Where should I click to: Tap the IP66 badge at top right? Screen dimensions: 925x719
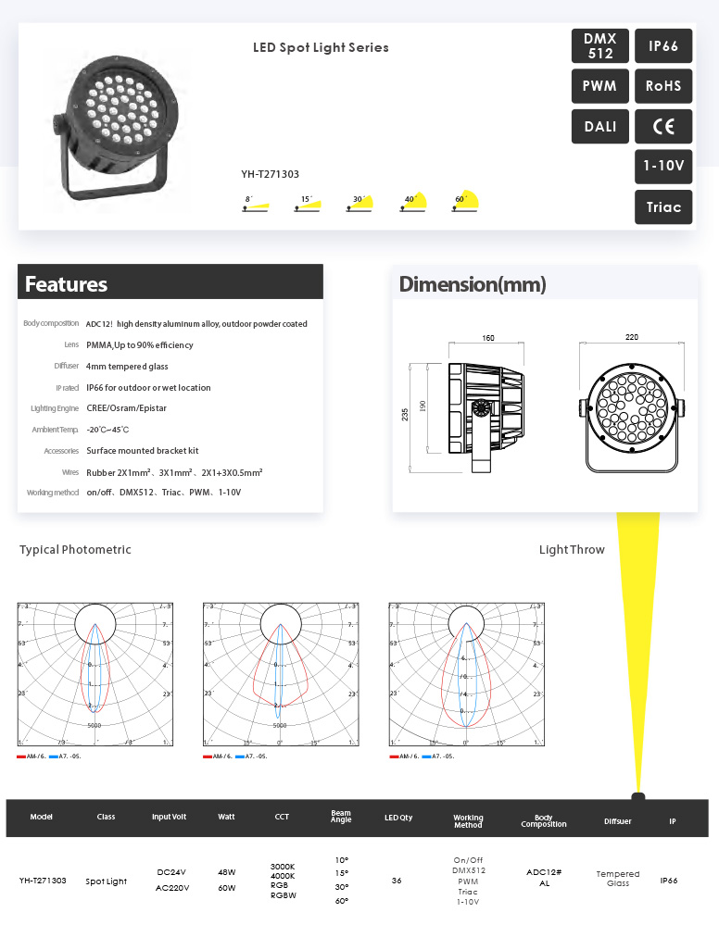click(x=663, y=45)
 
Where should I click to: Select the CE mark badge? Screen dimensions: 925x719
click(x=663, y=127)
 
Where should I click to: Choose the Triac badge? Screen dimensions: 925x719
click(x=663, y=207)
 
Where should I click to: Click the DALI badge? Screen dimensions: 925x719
click(x=600, y=127)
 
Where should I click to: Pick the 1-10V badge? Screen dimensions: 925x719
click(x=663, y=167)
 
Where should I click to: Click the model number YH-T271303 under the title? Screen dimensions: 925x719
click(x=270, y=173)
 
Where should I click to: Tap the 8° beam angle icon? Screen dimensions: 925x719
click(x=255, y=204)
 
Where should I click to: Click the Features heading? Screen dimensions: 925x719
click(x=66, y=284)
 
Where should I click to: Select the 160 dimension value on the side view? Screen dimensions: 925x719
click(x=488, y=338)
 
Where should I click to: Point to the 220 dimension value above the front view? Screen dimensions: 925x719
click(x=632, y=338)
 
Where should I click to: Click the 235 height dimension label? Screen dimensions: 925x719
click(x=405, y=415)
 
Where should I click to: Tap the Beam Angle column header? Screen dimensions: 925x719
click(x=341, y=818)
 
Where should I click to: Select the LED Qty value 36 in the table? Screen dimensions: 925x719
click(x=397, y=881)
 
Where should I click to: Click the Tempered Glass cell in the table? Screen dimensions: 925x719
click(x=617, y=878)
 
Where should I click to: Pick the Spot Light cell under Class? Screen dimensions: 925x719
click(x=107, y=881)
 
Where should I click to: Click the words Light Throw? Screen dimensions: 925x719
click(x=572, y=550)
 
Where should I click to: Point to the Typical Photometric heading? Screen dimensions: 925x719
click(x=75, y=550)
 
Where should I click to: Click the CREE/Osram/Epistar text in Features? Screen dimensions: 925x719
click(x=126, y=408)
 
